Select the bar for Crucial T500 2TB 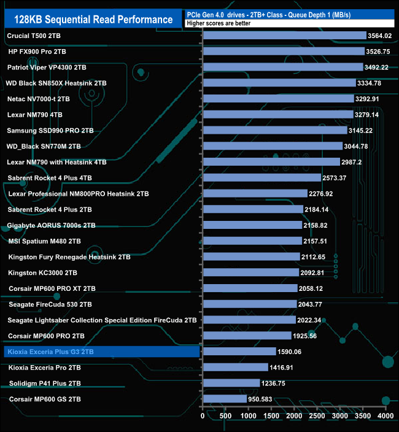click(x=284, y=36)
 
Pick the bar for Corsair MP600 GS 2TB click(x=225, y=399)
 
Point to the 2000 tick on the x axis click(x=294, y=416)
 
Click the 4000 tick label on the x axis click(x=385, y=416)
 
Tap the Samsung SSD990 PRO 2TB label click(x=50, y=131)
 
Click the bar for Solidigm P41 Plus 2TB click(x=231, y=383)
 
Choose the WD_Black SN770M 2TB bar click(x=273, y=146)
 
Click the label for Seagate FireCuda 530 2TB click(x=50, y=304)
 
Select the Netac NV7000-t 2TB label click(x=38, y=99)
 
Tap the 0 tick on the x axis click(x=203, y=416)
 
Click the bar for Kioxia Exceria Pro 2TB click(x=235, y=367)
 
